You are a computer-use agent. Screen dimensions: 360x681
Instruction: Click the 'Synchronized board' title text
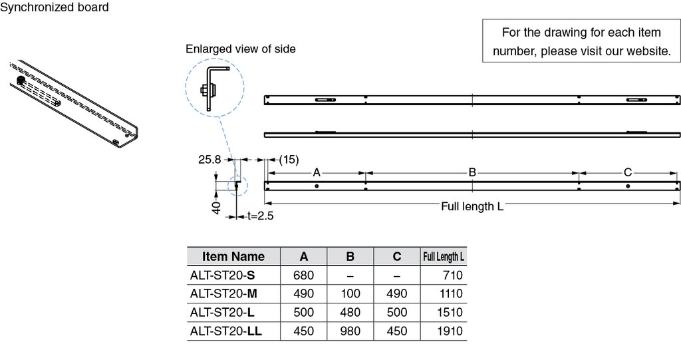(55, 8)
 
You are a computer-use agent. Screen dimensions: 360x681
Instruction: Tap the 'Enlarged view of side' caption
(241, 49)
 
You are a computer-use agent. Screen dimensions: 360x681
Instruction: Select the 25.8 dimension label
(210, 160)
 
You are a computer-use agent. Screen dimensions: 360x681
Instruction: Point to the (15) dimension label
(289, 160)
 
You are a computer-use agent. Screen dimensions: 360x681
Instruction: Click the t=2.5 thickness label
(261, 216)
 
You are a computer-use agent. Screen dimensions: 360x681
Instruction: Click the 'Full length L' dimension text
(472, 206)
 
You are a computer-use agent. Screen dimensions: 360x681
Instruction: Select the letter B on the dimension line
(472, 172)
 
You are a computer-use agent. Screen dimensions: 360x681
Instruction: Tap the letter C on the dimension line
(628, 172)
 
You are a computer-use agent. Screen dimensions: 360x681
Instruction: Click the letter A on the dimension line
(317, 172)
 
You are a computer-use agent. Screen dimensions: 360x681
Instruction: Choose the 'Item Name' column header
(233, 256)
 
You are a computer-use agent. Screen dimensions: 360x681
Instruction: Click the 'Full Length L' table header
(444, 256)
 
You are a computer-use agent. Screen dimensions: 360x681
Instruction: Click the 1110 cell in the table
(451, 293)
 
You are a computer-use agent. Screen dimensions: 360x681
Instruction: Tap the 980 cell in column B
(350, 331)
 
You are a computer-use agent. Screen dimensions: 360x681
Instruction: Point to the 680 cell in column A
(304, 275)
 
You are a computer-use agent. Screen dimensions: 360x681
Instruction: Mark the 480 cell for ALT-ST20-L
(350, 312)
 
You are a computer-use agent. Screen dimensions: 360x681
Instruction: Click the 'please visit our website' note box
(581, 41)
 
